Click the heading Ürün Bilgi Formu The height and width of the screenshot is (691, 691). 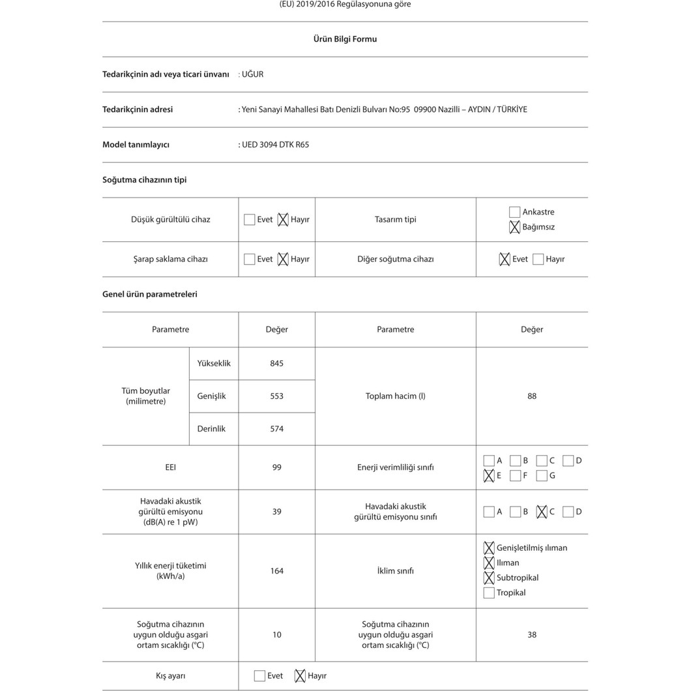click(345, 39)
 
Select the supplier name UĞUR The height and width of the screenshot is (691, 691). click(252, 74)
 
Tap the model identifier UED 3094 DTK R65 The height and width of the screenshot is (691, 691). click(275, 145)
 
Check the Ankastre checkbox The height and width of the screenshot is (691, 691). click(515, 212)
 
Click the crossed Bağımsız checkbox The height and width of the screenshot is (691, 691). click(515, 227)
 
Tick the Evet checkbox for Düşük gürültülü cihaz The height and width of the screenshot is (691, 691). click(250, 220)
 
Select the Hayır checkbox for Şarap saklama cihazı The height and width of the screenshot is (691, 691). click(283, 259)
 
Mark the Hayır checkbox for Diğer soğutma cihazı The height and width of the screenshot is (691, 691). click(538, 259)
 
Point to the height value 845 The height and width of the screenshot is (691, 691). click(276, 364)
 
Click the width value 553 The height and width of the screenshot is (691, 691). click(276, 396)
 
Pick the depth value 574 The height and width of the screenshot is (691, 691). click(276, 429)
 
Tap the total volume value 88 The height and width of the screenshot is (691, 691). click(532, 396)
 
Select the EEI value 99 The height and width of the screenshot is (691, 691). click(276, 467)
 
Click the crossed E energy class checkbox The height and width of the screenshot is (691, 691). click(489, 476)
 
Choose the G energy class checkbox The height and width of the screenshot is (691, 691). click(542, 476)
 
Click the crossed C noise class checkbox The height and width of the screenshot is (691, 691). click(542, 512)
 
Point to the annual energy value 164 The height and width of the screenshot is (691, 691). click(276, 571)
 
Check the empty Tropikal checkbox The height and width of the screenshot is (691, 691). click(489, 593)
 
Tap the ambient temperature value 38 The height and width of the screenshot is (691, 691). click(532, 635)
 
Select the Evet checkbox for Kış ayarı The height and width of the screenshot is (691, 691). click(259, 676)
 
